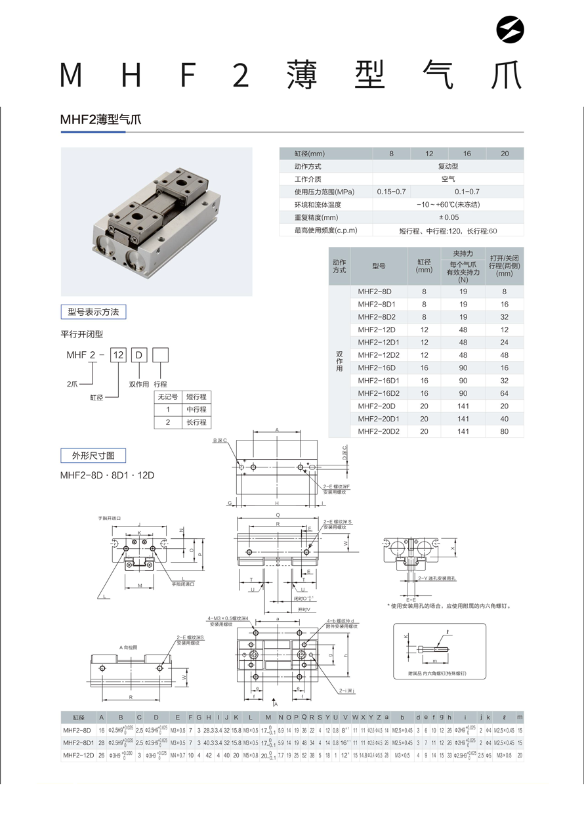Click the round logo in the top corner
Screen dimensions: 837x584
[x=511, y=31]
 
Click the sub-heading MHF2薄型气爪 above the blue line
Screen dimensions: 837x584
[x=100, y=119]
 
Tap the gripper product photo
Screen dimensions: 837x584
[x=156, y=221]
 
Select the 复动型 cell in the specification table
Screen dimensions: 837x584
[x=448, y=166]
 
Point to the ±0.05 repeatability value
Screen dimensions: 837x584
[x=448, y=217]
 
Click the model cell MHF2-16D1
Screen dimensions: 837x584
[x=379, y=380]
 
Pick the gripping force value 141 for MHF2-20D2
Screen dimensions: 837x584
[x=463, y=431]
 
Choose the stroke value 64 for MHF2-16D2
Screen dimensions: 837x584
[x=504, y=393]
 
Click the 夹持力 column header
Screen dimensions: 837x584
[x=463, y=253]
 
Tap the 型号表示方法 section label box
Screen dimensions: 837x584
[x=93, y=312]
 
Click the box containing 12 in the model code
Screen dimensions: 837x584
[x=118, y=355]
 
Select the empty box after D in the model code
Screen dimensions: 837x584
[x=161, y=355]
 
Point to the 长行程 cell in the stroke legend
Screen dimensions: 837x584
[x=196, y=422]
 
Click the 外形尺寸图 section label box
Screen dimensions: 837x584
[x=93, y=455]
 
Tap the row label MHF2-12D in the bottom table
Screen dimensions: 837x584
[x=78, y=756]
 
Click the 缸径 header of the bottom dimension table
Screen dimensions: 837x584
[x=78, y=718]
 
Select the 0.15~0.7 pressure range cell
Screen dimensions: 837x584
[x=392, y=192]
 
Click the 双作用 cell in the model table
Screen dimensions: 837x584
[x=339, y=362]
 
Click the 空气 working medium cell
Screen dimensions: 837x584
[x=448, y=179]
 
